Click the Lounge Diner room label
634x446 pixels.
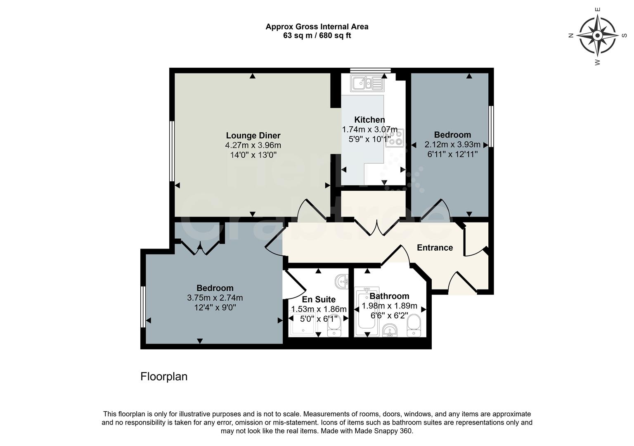[x=253, y=135]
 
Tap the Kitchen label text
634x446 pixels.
[x=369, y=120]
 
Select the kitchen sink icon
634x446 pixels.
[x=367, y=83]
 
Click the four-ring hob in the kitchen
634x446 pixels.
[x=394, y=138]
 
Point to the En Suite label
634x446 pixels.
[x=319, y=299]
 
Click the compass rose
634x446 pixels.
[x=597, y=36]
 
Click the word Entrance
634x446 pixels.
[x=435, y=248]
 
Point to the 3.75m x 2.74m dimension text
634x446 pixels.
[x=215, y=298]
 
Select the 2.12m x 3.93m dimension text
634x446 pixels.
[x=452, y=145]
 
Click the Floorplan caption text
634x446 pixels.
[x=164, y=377]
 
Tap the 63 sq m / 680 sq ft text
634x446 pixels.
[x=317, y=36]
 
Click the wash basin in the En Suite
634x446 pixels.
[x=342, y=282]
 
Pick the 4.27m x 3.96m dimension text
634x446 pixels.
[x=253, y=145]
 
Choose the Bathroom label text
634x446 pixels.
[x=389, y=296]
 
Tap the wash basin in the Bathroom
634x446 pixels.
[x=390, y=330]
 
